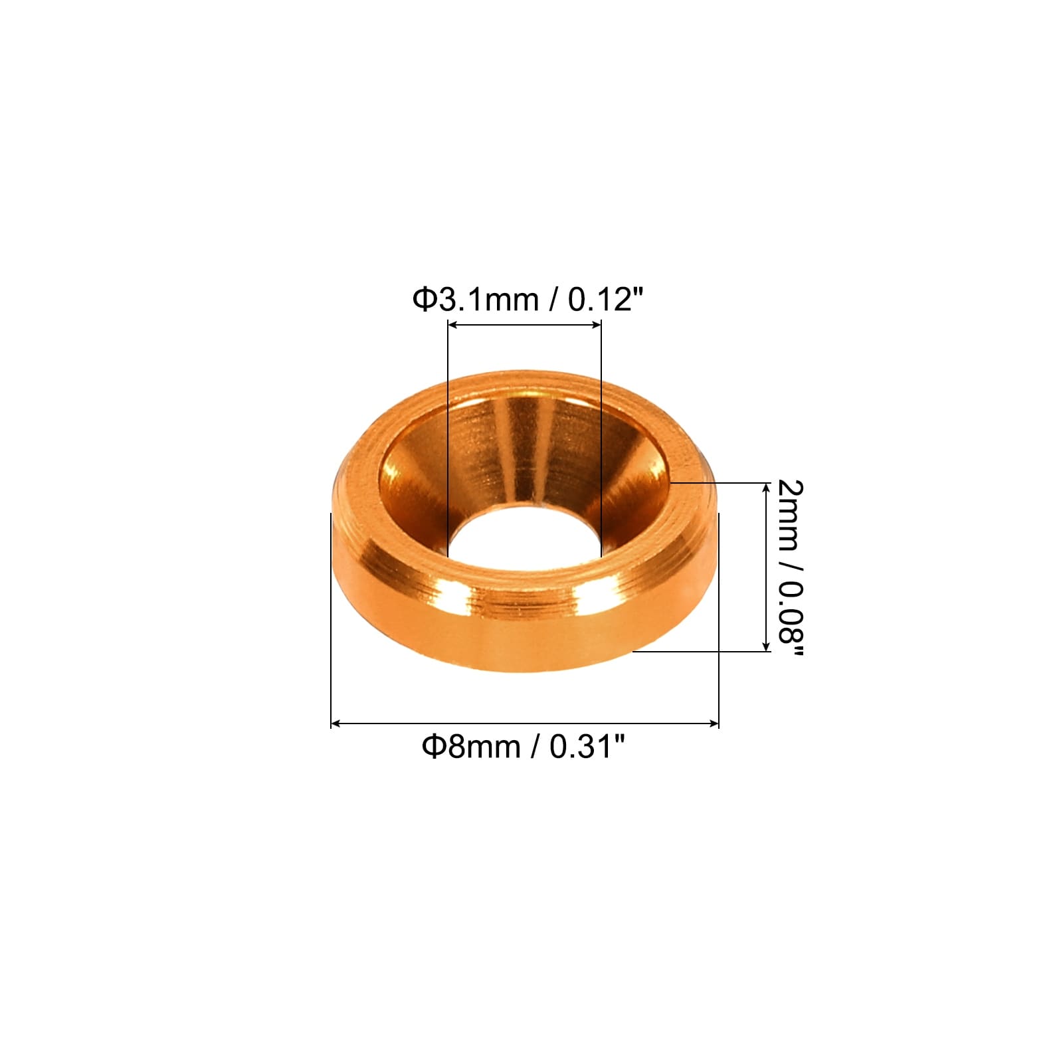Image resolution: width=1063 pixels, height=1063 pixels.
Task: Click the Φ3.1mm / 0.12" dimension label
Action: coord(529,300)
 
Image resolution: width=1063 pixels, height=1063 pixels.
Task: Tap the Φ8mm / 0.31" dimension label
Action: coord(524,747)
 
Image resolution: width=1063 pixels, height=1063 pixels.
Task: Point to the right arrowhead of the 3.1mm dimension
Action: coord(596,324)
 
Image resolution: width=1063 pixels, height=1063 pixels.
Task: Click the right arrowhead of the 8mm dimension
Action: coord(713,724)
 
